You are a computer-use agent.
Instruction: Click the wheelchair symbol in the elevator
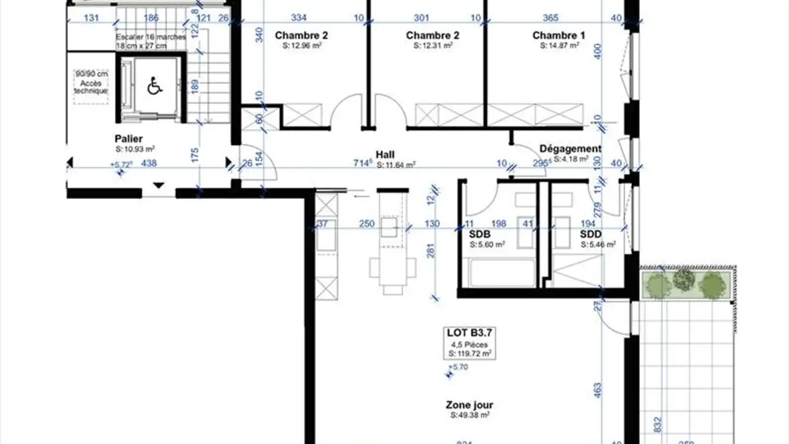coord(155,87)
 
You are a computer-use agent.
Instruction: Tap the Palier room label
coord(129,139)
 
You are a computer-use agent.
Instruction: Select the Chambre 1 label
coord(558,36)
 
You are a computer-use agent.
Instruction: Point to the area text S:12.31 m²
coord(432,46)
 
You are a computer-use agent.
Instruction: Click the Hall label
coord(385,155)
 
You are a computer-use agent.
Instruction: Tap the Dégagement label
coord(570,149)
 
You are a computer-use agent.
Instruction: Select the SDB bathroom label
coord(480,235)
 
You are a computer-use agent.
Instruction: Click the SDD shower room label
coord(591,235)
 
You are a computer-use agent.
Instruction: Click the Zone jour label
coord(469,405)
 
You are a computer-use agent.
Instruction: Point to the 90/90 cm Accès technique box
coord(92,83)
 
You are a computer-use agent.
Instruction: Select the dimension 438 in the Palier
coord(150,163)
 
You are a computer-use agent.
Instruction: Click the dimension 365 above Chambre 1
coord(549,18)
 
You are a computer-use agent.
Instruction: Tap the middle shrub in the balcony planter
coord(684,280)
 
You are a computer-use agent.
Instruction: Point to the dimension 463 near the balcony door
coord(598,390)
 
